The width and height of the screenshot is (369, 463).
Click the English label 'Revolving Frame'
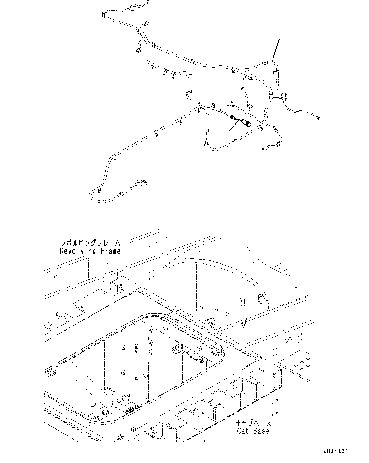click(x=90, y=251)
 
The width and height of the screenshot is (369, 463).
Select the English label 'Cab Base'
click(x=253, y=431)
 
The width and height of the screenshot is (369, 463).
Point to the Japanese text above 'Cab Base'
click(x=253, y=423)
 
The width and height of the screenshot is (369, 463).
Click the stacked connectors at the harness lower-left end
click(x=145, y=185)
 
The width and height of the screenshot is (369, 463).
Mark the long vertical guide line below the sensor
click(x=244, y=222)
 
